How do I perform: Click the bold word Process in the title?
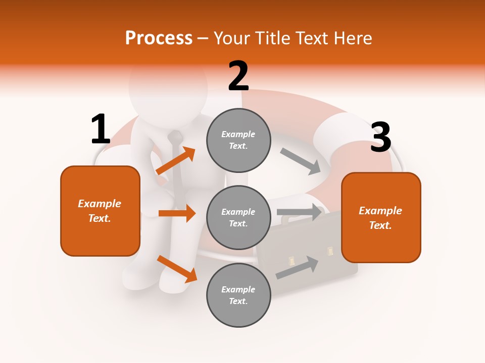coord(159,38)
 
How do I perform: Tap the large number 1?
coord(101,129)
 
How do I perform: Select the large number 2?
coord(238,76)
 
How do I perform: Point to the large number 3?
coord(380,138)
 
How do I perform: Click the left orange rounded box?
coord(100,211)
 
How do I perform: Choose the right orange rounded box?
coord(381,217)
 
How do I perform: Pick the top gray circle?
coord(238,140)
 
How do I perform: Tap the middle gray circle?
coord(238,217)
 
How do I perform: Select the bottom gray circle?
coord(238,295)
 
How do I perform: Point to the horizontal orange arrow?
coord(177,213)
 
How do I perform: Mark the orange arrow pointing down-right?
coord(177,269)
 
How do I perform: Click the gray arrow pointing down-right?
coord(301,161)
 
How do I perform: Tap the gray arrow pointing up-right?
coord(298,268)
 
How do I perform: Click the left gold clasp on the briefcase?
coord(292,261)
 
